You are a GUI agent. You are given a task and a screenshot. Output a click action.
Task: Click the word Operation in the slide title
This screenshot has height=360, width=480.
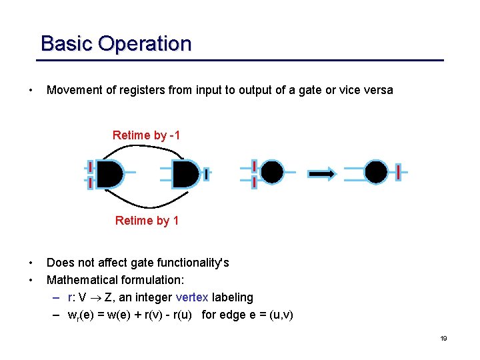coord(145,44)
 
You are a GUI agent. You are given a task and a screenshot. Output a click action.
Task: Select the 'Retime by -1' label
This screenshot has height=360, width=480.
coord(147,135)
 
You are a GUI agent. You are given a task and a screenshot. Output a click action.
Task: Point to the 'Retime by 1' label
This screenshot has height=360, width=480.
coord(147,221)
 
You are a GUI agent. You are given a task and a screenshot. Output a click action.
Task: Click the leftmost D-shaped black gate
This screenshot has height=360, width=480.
coord(109,173)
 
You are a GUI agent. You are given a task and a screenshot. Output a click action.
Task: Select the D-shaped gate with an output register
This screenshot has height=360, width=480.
coord(185,173)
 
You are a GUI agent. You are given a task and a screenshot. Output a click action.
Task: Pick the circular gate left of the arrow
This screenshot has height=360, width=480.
coord(271,172)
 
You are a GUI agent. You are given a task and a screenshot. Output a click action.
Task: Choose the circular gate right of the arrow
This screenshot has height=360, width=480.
coord(376,172)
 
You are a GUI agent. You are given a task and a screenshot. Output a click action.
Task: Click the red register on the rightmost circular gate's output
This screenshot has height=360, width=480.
coord(398,172)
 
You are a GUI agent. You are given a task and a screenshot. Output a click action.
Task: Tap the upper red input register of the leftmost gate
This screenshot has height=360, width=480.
coord(90,166)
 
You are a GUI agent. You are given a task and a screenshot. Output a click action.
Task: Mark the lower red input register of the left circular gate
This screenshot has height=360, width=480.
coord(254,181)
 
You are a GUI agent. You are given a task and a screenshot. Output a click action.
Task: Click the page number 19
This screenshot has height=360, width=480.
coord(443,339)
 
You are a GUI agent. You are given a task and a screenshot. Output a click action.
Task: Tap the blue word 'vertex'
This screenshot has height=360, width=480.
coord(192,297)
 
